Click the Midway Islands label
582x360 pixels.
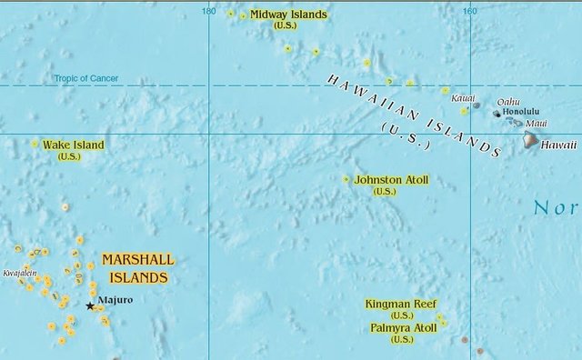point(288,15)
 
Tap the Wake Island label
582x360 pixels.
point(73,145)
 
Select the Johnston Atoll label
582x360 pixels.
point(391,180)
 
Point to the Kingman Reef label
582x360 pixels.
point(401,304)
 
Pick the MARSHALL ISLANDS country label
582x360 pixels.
point(138,268)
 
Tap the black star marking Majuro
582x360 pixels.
point(89,306)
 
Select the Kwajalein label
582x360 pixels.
point(20,273)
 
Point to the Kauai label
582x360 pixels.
point(463,98)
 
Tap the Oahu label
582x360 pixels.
point(508,102)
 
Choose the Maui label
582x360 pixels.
point(536,124)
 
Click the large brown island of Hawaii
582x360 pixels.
point(531,140)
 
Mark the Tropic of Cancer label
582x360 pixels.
point(85,79)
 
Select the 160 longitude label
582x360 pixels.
point(469,11)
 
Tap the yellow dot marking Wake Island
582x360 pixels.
point(35,144)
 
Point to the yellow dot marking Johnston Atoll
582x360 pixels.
point(346,179)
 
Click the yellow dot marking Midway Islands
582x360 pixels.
point(244,15)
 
